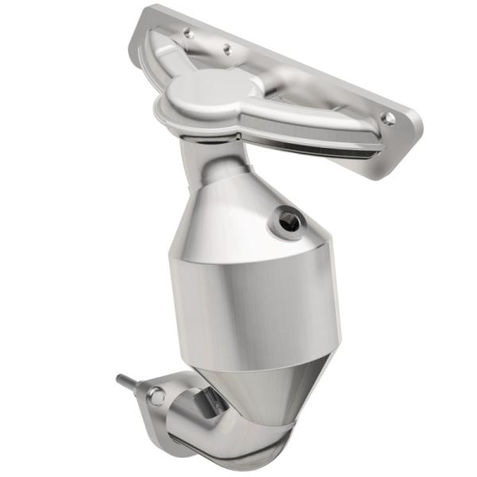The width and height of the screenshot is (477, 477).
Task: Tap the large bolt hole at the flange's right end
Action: click(388, 118)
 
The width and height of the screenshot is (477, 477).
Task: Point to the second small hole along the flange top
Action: click(227, 48)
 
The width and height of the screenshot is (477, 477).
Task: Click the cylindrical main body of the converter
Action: click(254, 310)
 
